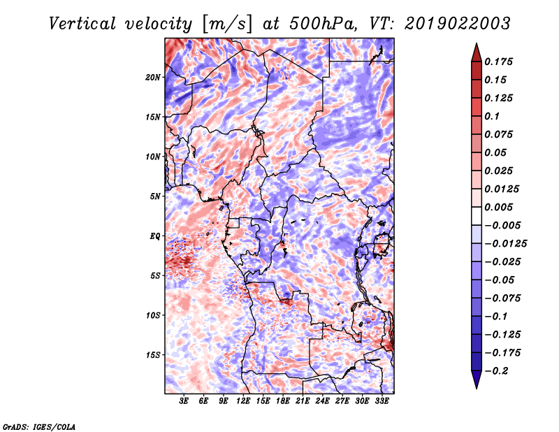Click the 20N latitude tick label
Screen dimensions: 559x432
tap(153, 78)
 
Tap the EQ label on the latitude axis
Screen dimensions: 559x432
tap(155, 236)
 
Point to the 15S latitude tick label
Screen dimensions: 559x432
tap(153, 355)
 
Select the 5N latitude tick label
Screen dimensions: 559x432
tap(155, 196)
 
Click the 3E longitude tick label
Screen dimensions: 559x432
tap(184, 401)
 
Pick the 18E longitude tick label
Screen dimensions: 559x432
tap(283, 401)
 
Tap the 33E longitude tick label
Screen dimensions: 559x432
tap(382, 401)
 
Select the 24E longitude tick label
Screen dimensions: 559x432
tap(322, 401)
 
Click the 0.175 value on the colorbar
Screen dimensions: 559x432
tap(498, 62)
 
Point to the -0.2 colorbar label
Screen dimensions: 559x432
tap(496, 371)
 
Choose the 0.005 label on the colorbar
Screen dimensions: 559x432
tap(498, 207)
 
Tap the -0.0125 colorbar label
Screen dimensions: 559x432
tap(505, 244)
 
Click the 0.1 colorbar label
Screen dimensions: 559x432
tap(492, 116)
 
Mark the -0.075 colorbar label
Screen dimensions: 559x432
tap(502, 298)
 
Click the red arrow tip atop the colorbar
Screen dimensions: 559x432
tap(477, 44)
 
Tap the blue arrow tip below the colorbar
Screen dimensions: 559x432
tap(477, 388)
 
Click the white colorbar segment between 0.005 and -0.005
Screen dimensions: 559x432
tap(477, 216)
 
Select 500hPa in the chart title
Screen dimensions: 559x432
tap(322, 24)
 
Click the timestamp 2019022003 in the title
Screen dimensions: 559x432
tap(458, 24)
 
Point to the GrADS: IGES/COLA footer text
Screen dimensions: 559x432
tap(39, 426)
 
